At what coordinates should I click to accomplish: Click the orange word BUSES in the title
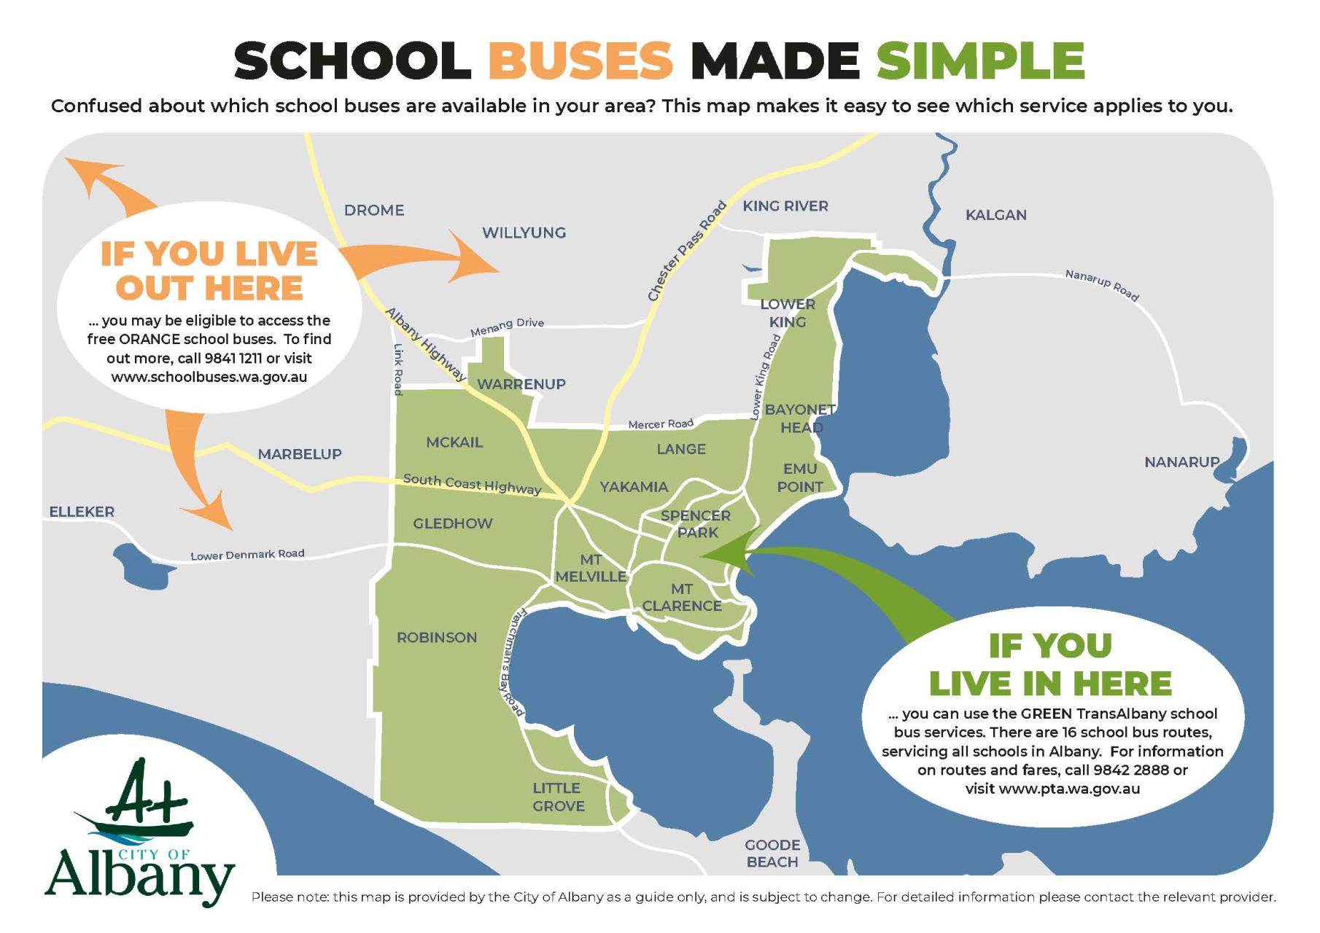coord(580,60)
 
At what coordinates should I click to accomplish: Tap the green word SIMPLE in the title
coord(980,60)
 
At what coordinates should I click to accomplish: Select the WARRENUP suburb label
coord(521,384)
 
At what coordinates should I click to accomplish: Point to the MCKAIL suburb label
coord(454,442)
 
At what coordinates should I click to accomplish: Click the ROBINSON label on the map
coord(437,638)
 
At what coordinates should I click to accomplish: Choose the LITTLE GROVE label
coord(558,797)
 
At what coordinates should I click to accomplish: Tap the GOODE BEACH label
coord(772,854)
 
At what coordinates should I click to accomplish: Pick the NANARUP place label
coord(1181,462)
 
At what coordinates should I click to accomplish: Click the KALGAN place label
coord(995,215)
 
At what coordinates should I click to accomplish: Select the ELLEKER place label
coord(82,512)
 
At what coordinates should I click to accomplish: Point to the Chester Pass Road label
coord(687,251)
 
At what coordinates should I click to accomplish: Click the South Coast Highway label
coord(472,484)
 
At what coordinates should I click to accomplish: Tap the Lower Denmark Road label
coord(247,555)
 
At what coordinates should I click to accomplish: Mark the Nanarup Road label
coord(1101,285)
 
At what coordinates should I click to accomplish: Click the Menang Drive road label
coord(507,327)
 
